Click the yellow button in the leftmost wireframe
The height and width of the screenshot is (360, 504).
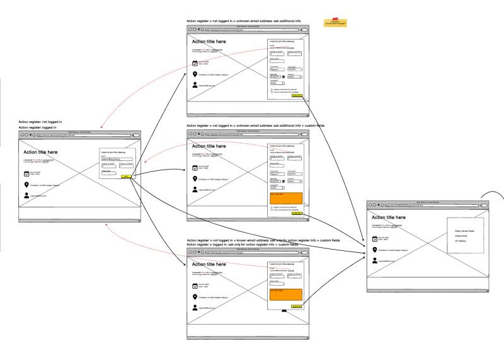point(127,177)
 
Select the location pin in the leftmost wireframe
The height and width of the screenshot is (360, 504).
point(27,185)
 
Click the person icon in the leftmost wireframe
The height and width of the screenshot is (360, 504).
point(27,196)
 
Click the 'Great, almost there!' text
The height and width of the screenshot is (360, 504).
point(465,232)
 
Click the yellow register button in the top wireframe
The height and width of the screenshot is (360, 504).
point(297,96)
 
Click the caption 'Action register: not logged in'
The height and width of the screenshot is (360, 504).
point(40,121)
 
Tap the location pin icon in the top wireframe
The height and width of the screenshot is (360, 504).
point(195,74)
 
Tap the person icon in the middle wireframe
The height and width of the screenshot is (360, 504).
point(195,189)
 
